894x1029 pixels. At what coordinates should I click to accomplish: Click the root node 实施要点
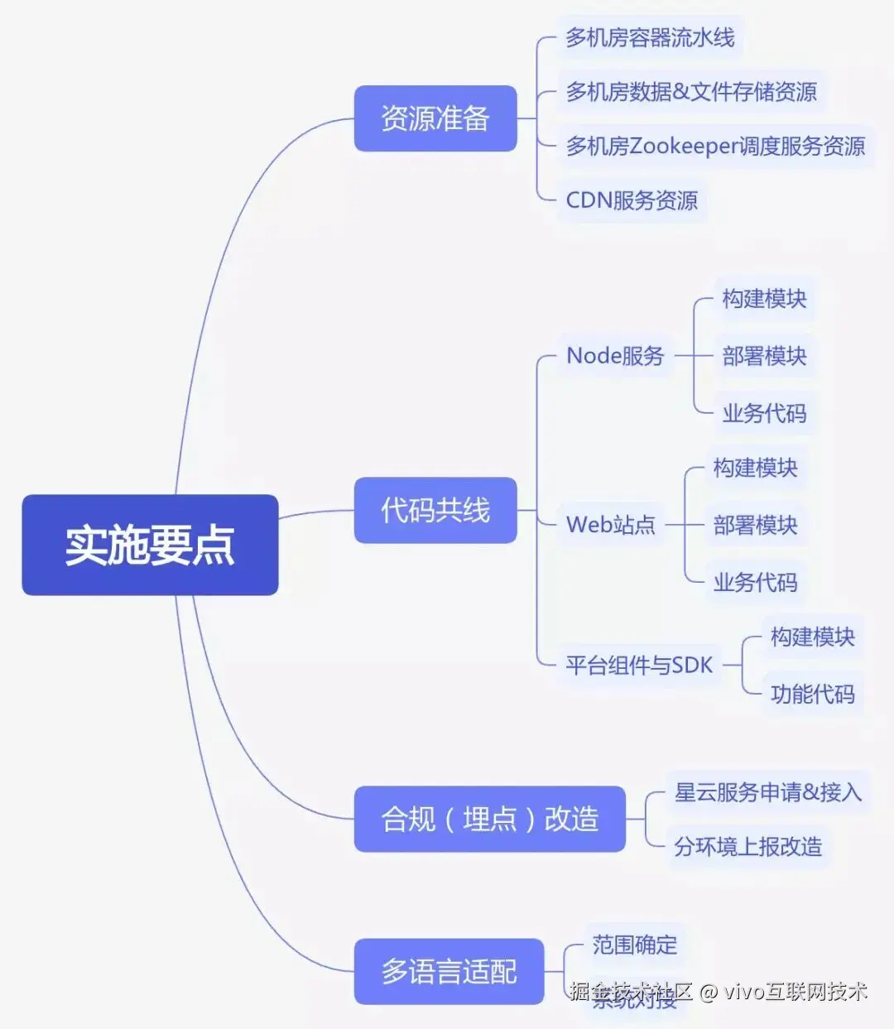(x=150, y=545)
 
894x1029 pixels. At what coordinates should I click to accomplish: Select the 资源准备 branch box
(x=435, y=118)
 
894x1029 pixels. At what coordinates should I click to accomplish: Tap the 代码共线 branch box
(x=435, y=510)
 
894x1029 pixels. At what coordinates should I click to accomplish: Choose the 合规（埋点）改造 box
(x=489, y=819)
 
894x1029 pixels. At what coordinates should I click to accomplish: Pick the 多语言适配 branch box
(x=449, y=971)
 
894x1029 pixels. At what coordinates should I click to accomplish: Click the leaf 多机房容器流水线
(x=650, y=37)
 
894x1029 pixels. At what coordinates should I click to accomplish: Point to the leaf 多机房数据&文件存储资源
(x=691, y=91)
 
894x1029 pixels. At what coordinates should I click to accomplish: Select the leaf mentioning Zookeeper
(x=715, y=146)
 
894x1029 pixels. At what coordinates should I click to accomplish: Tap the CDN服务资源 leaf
(x=632, y=200)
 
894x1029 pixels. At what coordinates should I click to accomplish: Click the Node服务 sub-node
(x=615, y=356)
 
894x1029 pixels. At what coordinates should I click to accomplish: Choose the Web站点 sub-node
(x=611, y=524)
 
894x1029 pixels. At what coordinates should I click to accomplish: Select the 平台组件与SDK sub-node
(x=639, y=665)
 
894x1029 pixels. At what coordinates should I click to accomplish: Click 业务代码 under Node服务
(x=764, y=413)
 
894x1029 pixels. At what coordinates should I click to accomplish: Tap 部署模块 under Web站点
(x=755, y=525)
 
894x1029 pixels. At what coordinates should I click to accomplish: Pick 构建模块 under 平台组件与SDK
(x=812, y=637)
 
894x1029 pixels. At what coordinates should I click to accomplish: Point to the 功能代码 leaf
(x=812, y=694)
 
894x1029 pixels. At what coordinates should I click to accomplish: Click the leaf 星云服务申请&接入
(x=768, y=792)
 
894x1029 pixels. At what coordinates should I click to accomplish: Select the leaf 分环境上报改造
(x=747, y=846)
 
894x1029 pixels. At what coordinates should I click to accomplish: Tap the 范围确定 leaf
(x=635, y=945)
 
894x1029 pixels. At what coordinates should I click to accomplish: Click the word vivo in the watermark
(x=742, y=991)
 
